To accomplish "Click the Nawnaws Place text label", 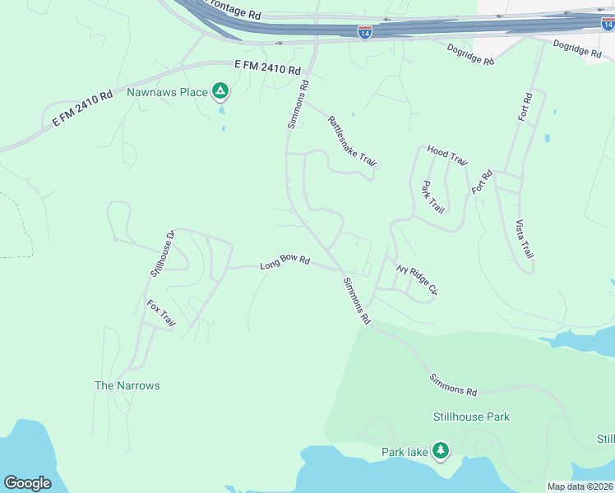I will click(167, 91).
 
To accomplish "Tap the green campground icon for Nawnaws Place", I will click(220, 90).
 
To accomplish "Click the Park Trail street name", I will click(432, 197).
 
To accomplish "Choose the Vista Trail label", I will click(523, 239).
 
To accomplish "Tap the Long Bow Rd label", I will click(284, 263).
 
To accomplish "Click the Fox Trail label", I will click(161, 314).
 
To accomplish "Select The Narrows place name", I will click(127, 385).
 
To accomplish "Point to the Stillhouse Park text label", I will click(471, 417).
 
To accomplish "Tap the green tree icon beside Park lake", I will click(442, 450).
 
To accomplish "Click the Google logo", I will click(27, 482).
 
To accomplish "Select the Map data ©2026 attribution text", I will click(580, 486).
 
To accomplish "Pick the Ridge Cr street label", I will click(417, 279).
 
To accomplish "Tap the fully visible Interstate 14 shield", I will click(365, 32).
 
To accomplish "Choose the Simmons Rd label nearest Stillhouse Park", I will click(453, 385).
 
